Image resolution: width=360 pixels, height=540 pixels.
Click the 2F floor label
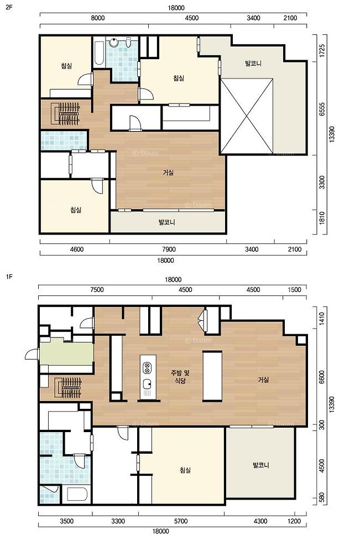click(9, 6)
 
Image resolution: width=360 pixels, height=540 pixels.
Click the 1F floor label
click(9, 277)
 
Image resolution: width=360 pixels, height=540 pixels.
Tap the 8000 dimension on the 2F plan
click(98, 18)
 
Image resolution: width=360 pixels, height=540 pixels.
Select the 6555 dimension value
click(322, 110)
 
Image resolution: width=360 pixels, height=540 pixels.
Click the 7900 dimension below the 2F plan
click(168, 250)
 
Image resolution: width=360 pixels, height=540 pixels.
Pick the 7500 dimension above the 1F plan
click(97, 289)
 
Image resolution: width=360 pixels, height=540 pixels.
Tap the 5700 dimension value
click(181, 521)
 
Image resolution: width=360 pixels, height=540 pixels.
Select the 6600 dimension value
click(322, 378)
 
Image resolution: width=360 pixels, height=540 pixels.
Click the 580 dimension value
click(322, 498)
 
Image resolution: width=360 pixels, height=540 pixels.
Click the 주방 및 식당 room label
click(180, 376)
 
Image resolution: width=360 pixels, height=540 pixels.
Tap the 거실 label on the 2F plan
click(168, 172)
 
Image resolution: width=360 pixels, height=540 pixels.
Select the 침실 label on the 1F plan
click(185, 470)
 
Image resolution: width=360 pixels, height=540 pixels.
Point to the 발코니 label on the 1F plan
click(260, 465)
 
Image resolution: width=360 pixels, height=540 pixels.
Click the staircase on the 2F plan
click(66, 113)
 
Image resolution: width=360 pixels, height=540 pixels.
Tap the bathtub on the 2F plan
click(99, 53)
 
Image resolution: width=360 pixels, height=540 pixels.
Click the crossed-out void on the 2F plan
click(247, 116)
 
